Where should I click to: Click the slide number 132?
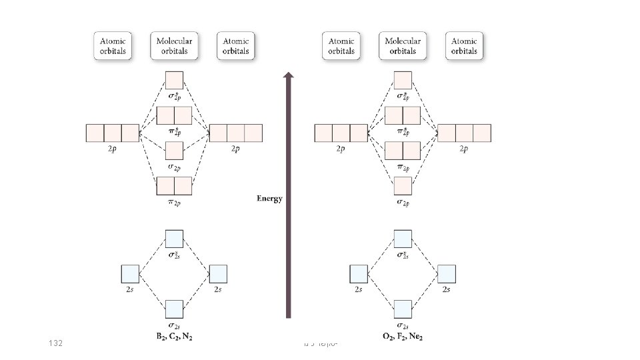click(56, 343)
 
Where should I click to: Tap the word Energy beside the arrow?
click(270, 198)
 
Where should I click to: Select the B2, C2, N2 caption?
click(174, 336)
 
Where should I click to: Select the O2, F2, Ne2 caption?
click(403, 336)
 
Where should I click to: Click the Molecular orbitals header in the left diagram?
click(174, 45)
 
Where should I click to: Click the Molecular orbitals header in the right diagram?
click(403, 45)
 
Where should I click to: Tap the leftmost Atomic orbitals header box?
click(113, 45)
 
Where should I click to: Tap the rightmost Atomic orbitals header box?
click(465, 45)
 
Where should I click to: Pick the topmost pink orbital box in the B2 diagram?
click(174, 80)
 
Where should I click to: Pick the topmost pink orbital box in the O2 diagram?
click(403, 80)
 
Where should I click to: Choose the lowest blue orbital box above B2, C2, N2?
click(174, 309)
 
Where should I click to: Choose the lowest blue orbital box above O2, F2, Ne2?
click(403, 309)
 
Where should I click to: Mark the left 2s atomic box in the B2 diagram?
click(130, 273)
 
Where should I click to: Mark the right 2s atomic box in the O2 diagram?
click(447, 273)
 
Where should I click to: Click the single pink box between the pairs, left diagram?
click(174, 150)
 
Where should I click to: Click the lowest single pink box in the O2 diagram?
click(403, 185)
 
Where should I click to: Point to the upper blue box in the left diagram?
click(174, 238)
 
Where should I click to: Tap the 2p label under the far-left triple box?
click(113, 149)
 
